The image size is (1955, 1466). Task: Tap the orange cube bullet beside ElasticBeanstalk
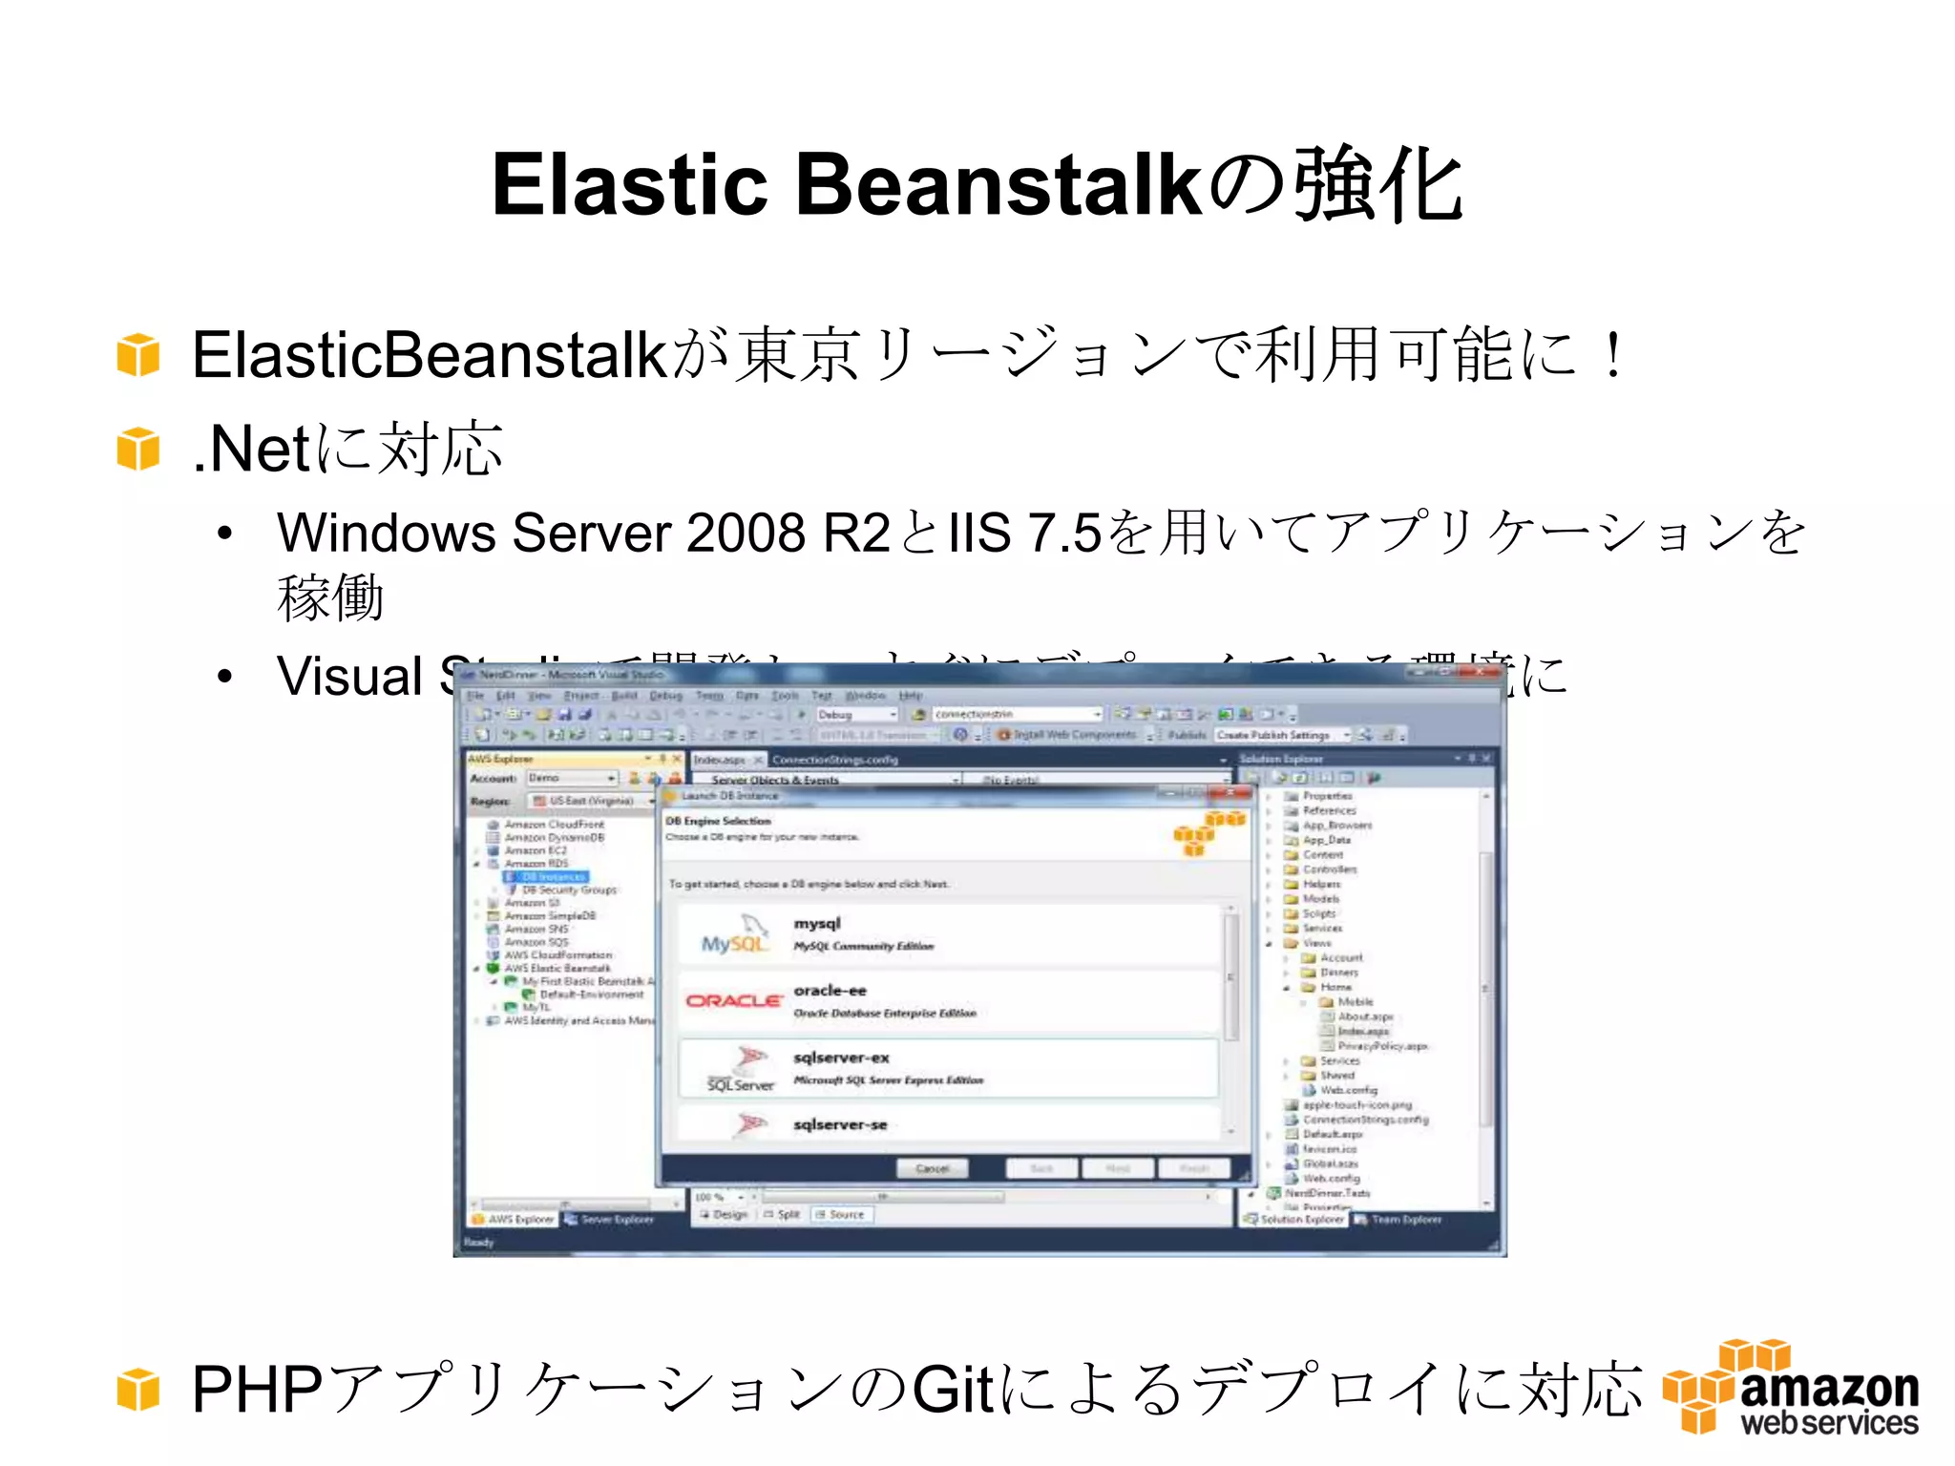pyautogui.click(x=138, y=355)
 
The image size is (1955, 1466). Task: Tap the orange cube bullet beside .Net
pyautogui.click(x=138, y=449)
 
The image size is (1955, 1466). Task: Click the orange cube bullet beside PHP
pyautogui.click(x=138, y=1389)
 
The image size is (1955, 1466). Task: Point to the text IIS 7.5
pyautogui.click(x=1023, y=533)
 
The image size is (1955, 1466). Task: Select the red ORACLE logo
pyautogui.click(x=733, y=1000)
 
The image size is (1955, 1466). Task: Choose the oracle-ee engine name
pyautogui.click(x=830, y=991)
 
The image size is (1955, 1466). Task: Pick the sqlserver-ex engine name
pyautogui.click(x=841, y=1058)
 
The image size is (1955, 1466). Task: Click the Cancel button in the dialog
pyautogui.click(x=932, y=1168)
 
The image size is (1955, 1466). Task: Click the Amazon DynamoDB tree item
pyautogui.click(x=554, y=837)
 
